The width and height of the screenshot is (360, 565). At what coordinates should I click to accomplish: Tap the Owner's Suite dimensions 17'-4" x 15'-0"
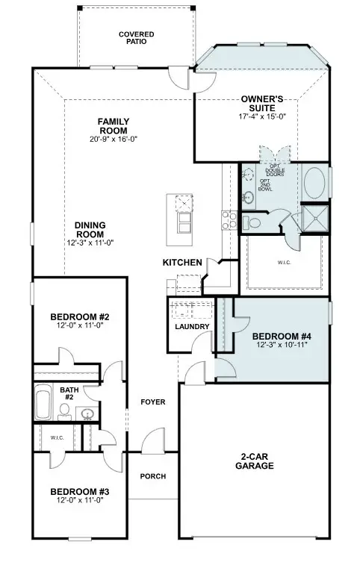point(260,116)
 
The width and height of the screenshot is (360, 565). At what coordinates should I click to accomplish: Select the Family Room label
point(114,126)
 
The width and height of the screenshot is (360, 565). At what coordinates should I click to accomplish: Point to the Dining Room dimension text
point(88,243)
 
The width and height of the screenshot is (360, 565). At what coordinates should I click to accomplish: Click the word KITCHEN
point(182,263)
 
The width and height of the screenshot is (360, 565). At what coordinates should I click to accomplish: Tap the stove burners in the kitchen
point(228,218)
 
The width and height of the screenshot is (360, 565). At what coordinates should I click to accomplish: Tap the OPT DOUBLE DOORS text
point(279,171)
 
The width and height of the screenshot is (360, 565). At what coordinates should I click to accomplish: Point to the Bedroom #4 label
point(281,336)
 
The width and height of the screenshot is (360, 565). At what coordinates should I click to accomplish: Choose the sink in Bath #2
point(87,414)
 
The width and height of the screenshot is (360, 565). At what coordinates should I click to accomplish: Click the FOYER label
point(152,402)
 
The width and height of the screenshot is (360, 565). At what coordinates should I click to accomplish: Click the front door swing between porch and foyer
point(154,442)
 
